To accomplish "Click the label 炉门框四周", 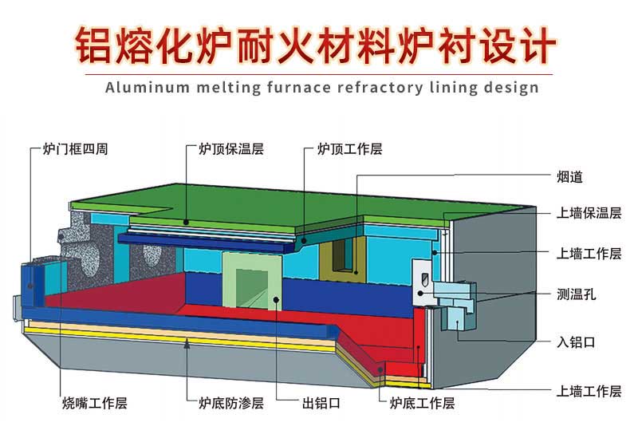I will click(74, 149).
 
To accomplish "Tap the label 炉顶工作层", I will click(349, 149).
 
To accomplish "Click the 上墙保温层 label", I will click(589, 213).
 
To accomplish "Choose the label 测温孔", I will click(576, 294).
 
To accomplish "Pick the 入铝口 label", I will click(576, 342).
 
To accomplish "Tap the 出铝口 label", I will click(323, 403).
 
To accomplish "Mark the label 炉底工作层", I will click(422, 403).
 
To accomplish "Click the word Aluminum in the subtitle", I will click(141, 87).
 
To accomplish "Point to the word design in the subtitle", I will click(511, 87).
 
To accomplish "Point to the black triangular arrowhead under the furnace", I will click(187, 344).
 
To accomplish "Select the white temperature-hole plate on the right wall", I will click(423, 282).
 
